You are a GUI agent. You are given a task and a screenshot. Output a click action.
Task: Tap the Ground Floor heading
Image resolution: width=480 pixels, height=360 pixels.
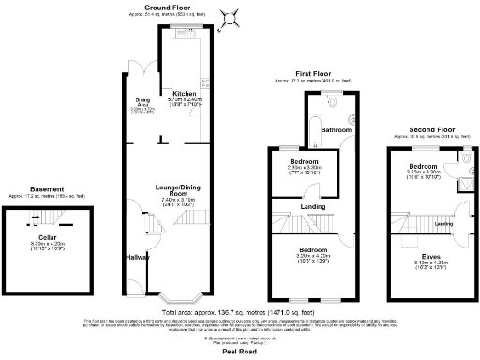tap(170, 8)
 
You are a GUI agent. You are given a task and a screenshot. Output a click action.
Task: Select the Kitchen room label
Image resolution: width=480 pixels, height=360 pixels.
tap(184, 94)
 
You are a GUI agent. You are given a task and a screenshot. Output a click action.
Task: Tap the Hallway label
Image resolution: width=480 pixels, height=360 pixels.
tap(138, 255)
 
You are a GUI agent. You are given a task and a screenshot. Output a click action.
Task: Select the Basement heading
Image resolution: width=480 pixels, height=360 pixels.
tap(47, 188)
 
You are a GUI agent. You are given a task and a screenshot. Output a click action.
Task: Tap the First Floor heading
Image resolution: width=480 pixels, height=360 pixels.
tap(314, 72)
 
